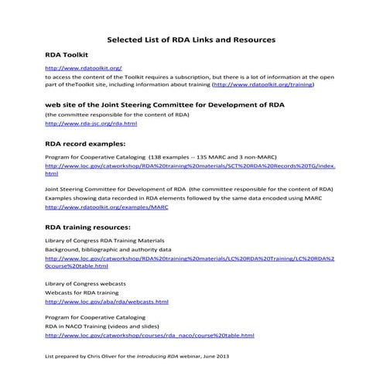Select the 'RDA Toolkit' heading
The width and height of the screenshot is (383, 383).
[67, 56]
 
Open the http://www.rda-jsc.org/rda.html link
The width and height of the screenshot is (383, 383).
[91, 123]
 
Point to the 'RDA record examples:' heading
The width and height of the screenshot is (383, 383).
[85, 143]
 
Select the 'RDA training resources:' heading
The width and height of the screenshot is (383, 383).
[88, 227]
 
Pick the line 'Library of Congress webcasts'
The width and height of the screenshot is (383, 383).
[85, 285]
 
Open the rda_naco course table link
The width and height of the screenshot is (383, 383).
[149, 336]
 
